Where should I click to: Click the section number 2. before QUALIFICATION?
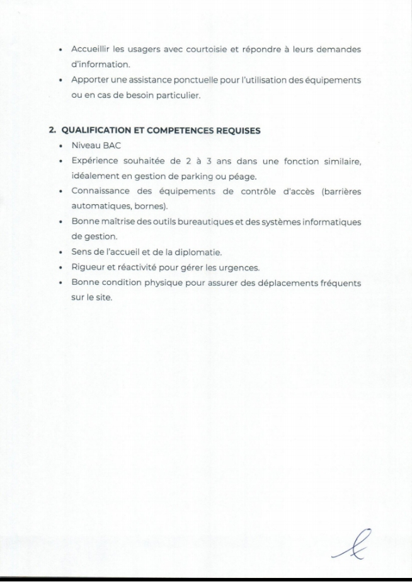click(54, 131)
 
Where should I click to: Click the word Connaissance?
click(101, 192)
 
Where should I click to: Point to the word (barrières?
click(341, 192)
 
